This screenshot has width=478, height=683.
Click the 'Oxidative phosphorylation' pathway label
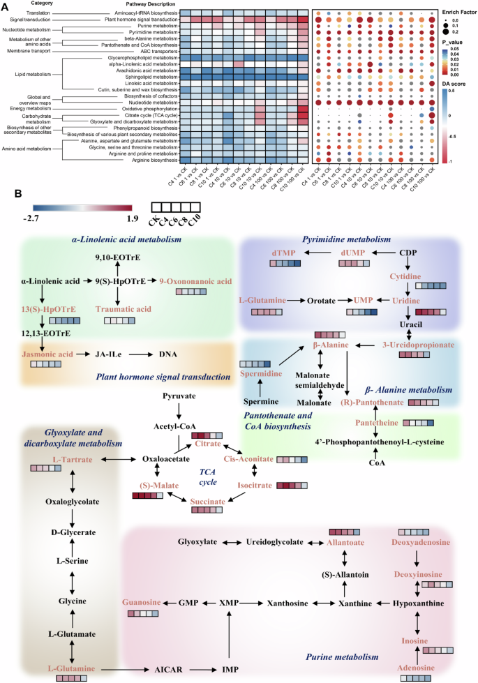pos(151,108)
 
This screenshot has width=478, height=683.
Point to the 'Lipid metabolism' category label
pos(29,73)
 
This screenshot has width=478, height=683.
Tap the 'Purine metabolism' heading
pos(342,657)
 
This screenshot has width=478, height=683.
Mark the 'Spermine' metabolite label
pos(262,402)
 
